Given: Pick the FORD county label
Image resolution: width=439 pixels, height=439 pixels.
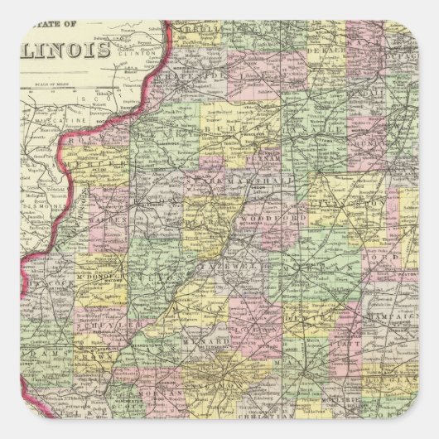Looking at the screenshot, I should (x=389, y=256).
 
